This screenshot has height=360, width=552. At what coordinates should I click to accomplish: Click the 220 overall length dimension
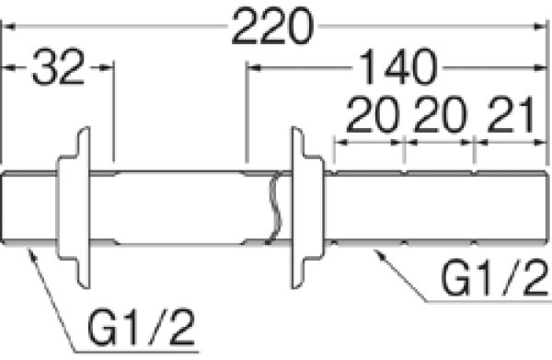click(271, 27)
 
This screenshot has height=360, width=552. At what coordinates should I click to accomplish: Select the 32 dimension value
click(59, 67)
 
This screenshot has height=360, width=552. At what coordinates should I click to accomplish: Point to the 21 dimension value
click(512, 115)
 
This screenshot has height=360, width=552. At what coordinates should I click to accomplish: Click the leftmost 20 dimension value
click(373, 115)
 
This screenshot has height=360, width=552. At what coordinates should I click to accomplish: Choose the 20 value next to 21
click(440, 115)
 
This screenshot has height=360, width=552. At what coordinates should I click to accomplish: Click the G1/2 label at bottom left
click(141, 327)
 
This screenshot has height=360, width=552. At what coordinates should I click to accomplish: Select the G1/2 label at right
click(494, 277)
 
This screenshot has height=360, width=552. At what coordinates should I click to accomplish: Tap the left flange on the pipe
click(74, 207)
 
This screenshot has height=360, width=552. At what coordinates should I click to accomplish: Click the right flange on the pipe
click(307, 207)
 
